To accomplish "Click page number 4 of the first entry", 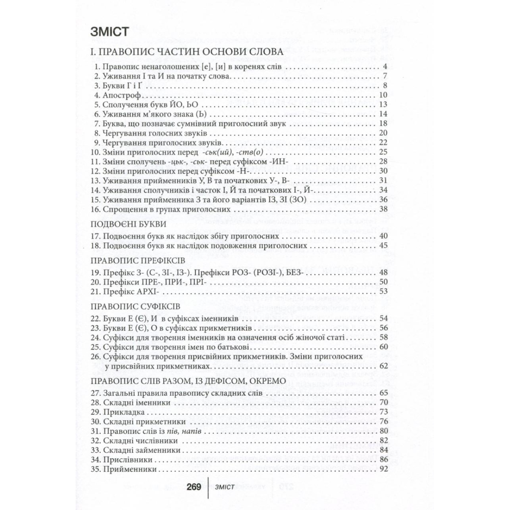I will pos(384,67).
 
